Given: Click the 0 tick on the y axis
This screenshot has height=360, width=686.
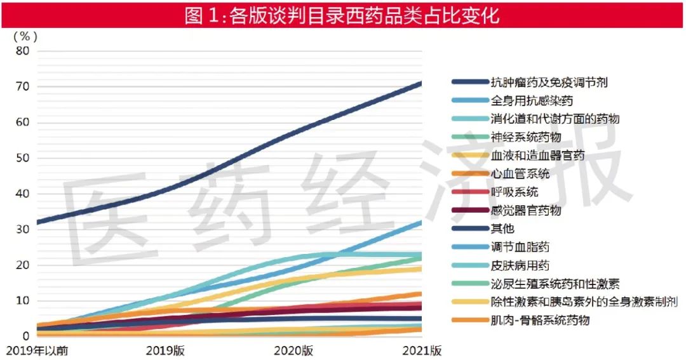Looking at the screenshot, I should [25, 337].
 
